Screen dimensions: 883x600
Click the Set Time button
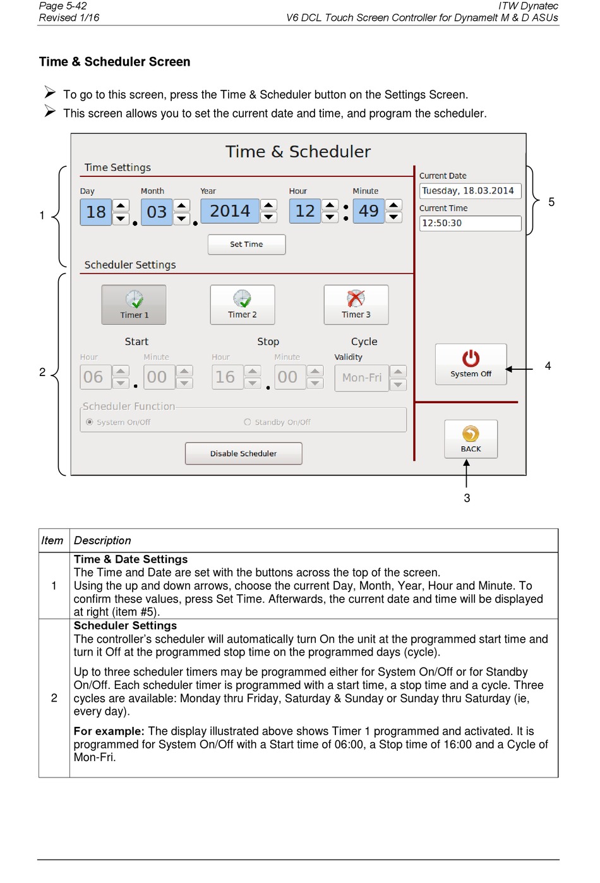pyautogui.click(x=246, y=245)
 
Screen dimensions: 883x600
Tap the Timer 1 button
pyautogui.click(x=134, y=305)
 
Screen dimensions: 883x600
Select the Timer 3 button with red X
pyautogui.click(x=356, y=305)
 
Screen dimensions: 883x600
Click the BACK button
pyautogui.click(x=471, y=439)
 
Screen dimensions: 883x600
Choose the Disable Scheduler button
pyautogui.click(x=243, y=453)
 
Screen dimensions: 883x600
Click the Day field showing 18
pyautogui.click(x=96, y=212)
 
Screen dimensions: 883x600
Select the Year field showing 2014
pyautogui.click(x=230, y=211)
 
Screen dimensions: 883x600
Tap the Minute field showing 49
pyautogui.click(x=368, y=211)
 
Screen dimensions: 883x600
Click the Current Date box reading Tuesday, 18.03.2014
pyautogui.click(x=470, y=191)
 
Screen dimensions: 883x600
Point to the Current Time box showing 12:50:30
pyautogui.click(x=470, y=223)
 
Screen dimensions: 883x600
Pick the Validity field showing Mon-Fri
pyautogui.click(x=361, y=378)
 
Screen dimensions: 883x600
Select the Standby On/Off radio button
pyautogui.click(x=248, y=422)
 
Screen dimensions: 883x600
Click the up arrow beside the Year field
pyautogui.click(x=269, y=205)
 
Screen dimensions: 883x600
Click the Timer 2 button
pyautogui.click(x=243, y=305)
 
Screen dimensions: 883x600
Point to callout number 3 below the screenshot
pyautogui.click(x=467, y=498)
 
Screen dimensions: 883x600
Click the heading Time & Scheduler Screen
pyautogui.click(x=114, y=62)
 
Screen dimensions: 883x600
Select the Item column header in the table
pyautogui.click(x=52, y=540)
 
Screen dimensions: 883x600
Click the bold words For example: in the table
pyautogui.click(x=109, y=731)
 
